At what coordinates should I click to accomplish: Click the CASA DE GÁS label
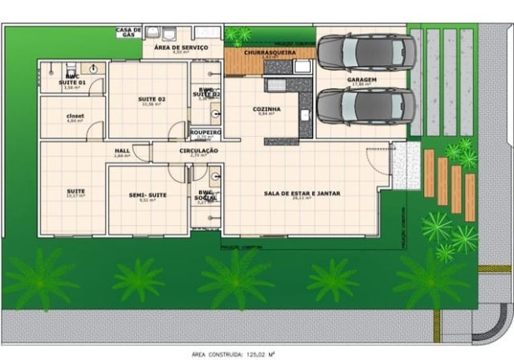[x=128, y=32]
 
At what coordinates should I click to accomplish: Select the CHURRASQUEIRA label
[x=267, y=52]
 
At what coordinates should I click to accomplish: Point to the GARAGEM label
[x=362, y=80]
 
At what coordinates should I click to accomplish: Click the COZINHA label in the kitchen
[x=267, y=109]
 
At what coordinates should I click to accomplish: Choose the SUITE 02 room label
[x=152, y=99]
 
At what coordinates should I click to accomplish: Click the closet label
[x=76, y=116]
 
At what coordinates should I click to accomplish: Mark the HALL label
[x=122, y=151]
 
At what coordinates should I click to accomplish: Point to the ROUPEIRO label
[x=205, y=132]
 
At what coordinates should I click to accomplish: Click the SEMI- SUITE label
[x=147, y=195]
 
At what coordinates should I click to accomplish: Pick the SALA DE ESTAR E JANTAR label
[x=302, y=193]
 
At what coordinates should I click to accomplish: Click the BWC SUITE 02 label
[x=207, y=92]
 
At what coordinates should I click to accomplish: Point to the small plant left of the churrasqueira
[x=241, y=35]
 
